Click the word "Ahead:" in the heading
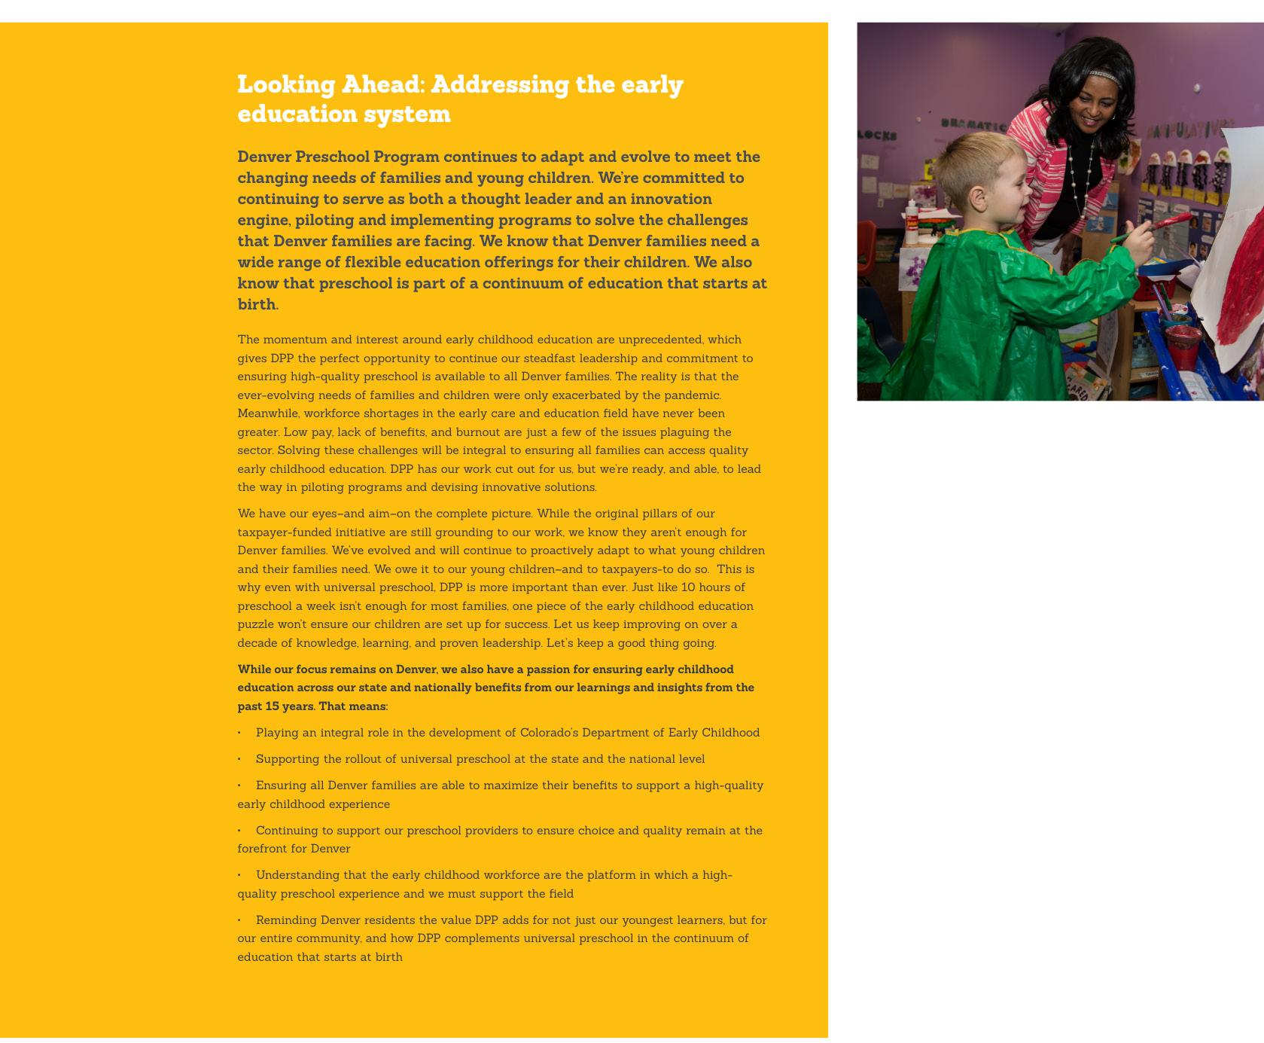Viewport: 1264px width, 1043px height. tap(382, 84)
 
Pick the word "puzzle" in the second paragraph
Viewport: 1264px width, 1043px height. tap(254, 624)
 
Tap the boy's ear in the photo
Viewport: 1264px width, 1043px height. tap(976, 199)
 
